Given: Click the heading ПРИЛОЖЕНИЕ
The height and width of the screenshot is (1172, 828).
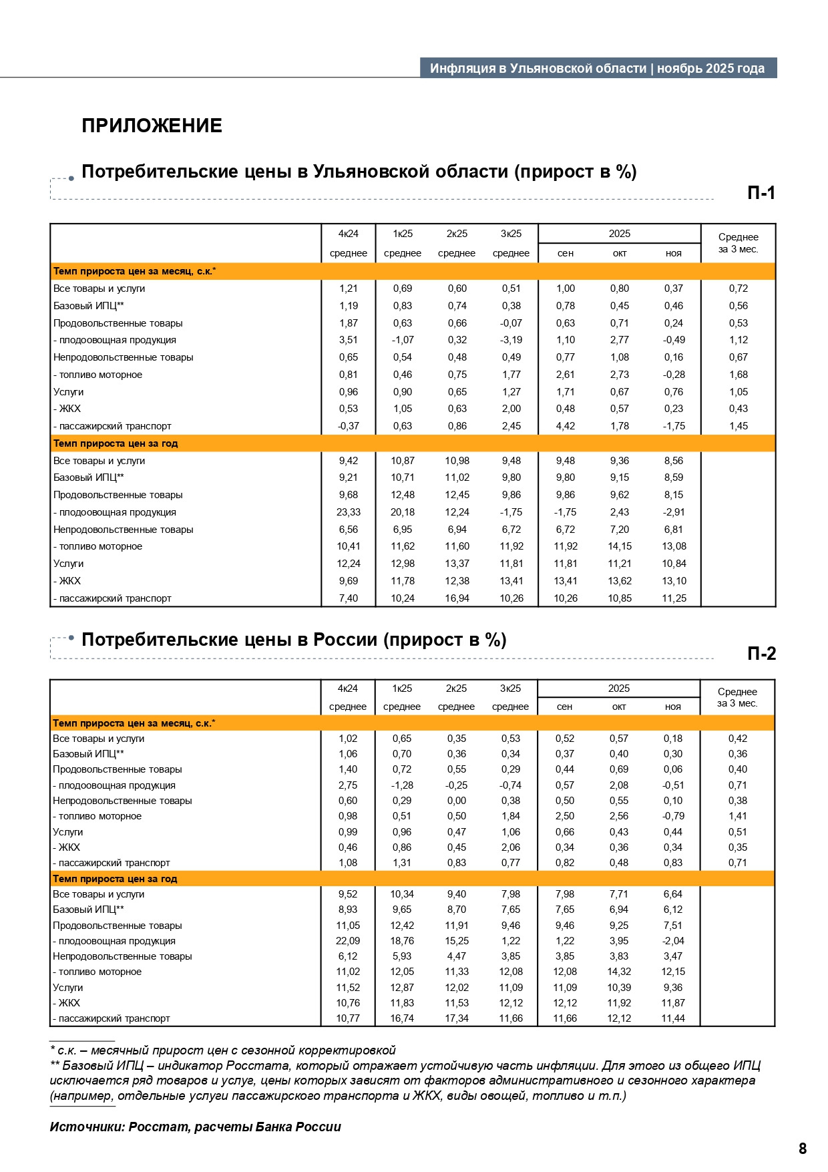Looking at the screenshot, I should coord(152,126).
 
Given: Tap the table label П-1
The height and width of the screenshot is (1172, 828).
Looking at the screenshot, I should coord(761,193).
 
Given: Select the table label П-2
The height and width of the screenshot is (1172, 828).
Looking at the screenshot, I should coord(761,654).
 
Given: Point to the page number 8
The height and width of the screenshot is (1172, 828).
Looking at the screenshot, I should coord(803,1149).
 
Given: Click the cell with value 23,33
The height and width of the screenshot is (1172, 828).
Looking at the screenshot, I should coord(349,512).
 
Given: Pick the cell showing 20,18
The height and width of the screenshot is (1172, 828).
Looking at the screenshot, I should coord(403,512).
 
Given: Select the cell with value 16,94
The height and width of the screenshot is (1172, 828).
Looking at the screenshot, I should coord(457,598).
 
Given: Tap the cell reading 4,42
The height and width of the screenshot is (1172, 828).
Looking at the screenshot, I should coord(566,426).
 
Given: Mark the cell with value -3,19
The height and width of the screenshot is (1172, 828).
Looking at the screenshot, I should coord(511,340).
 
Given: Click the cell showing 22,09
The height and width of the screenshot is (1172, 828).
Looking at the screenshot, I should coord(348,941).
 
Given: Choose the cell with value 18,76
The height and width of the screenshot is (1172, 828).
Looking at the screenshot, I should coord(402,941).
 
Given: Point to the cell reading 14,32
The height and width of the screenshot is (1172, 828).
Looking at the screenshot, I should coord(619,972).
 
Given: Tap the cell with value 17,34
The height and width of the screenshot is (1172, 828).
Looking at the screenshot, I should coord(457,1018).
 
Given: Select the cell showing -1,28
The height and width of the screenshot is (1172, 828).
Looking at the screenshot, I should coord(402,785).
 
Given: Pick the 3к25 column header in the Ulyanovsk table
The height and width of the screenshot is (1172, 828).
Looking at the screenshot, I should coord(511,234).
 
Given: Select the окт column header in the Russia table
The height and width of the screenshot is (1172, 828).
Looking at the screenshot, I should coord(619,707).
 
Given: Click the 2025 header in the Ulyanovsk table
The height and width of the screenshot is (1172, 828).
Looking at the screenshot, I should coord(619,234).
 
